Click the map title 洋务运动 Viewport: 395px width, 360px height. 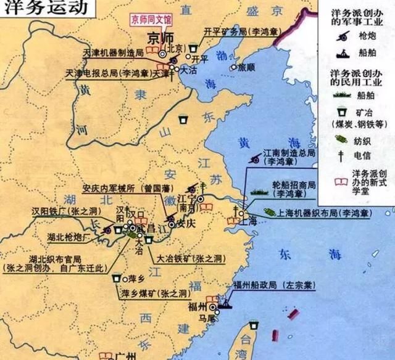tap(43, 9)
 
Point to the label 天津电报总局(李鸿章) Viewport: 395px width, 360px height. tap(117, 73)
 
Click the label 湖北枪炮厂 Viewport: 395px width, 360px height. tap(69, 236)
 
